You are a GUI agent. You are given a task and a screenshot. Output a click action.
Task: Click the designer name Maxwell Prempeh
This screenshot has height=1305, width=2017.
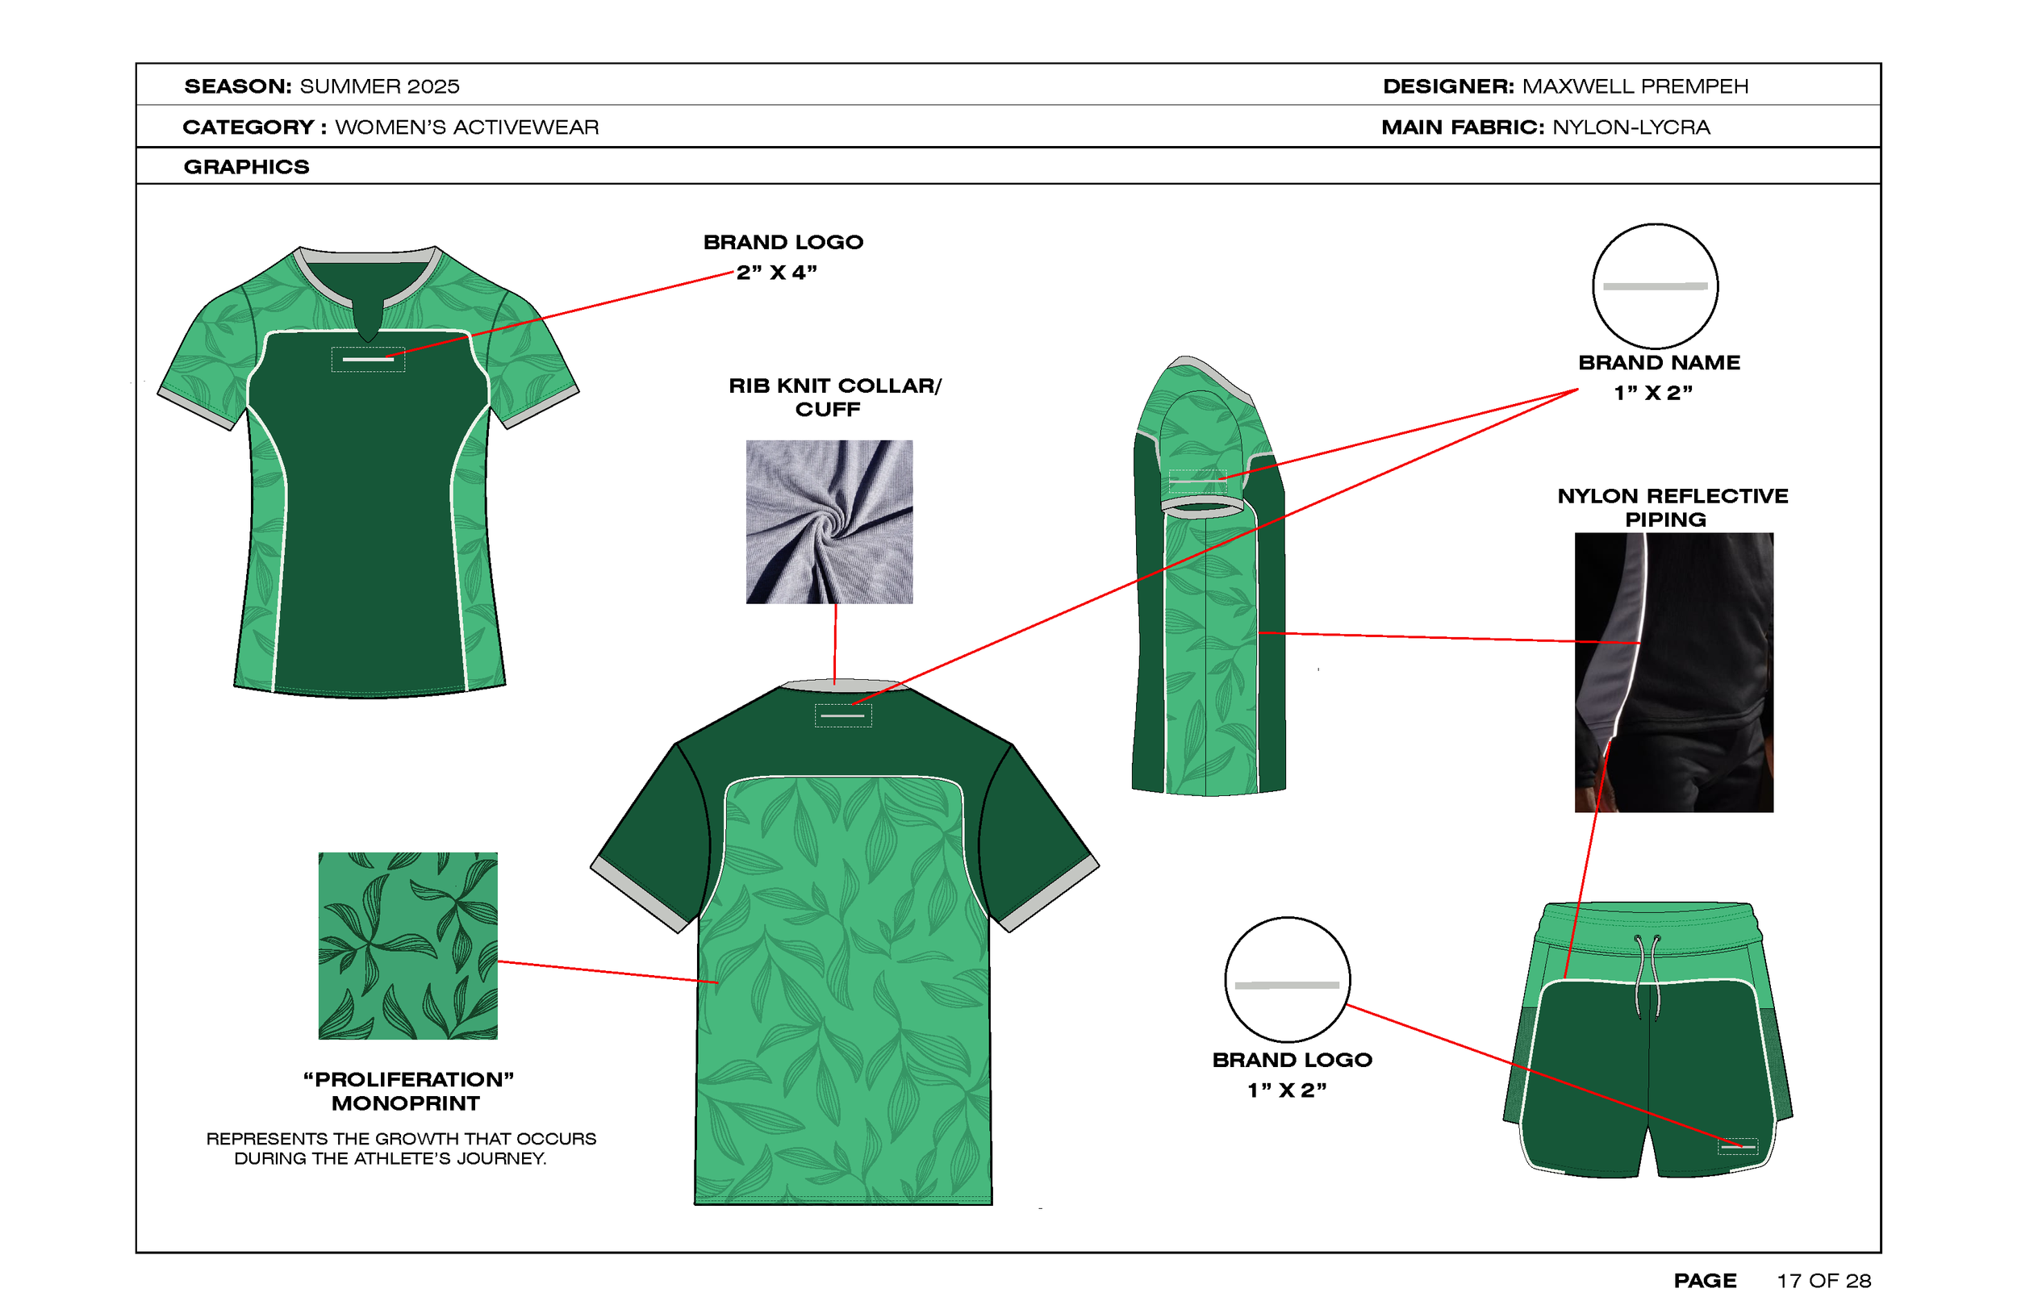pyautogui.click(x=1635, y=86)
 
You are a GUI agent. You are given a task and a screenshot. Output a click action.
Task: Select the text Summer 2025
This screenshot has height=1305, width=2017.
pyautogui.click(x=380, y=86)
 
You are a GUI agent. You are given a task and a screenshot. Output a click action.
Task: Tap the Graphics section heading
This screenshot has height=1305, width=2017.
pyautogui.click(x=247, y=167)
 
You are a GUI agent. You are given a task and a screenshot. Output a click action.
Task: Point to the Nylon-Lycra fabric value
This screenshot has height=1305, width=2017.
pyautogui.click(x=1631, y=127)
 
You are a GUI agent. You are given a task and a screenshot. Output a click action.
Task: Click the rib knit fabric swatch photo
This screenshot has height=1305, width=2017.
pyautogui.click(x=829, y=521)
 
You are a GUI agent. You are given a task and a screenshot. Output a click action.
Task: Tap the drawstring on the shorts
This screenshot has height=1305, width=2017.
pyautogui.click(x=1647, y=974)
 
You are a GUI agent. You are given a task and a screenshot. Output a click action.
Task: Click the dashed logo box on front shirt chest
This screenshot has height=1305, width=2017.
pyautogui.click(x=368, y=359)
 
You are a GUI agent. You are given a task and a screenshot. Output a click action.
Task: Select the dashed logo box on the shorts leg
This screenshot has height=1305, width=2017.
pyautogui.click(x=1737, y=1147)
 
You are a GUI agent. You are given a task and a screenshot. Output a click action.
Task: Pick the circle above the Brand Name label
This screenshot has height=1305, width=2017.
pyautogui.click(x=1655, y=286)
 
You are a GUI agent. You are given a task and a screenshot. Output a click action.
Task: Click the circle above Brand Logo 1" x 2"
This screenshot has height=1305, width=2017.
pyautogui.click(x=1288, y=980)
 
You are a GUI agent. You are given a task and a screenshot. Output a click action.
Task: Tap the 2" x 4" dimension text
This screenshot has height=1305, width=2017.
pyautogui.click(x=776, y=273)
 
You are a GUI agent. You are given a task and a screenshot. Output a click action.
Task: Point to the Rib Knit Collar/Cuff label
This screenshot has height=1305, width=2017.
pyautogui.click(x=834, y=398)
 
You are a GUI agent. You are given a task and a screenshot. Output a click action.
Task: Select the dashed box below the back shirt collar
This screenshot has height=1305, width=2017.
pyautogui.click(x=842, y=715)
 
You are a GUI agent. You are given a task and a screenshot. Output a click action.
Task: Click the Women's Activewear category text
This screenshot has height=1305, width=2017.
pyautogui.click(x=467, y=127)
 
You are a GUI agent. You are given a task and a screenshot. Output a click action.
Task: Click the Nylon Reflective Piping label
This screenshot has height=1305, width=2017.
pyautogui.click(x=1672, y=507)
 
